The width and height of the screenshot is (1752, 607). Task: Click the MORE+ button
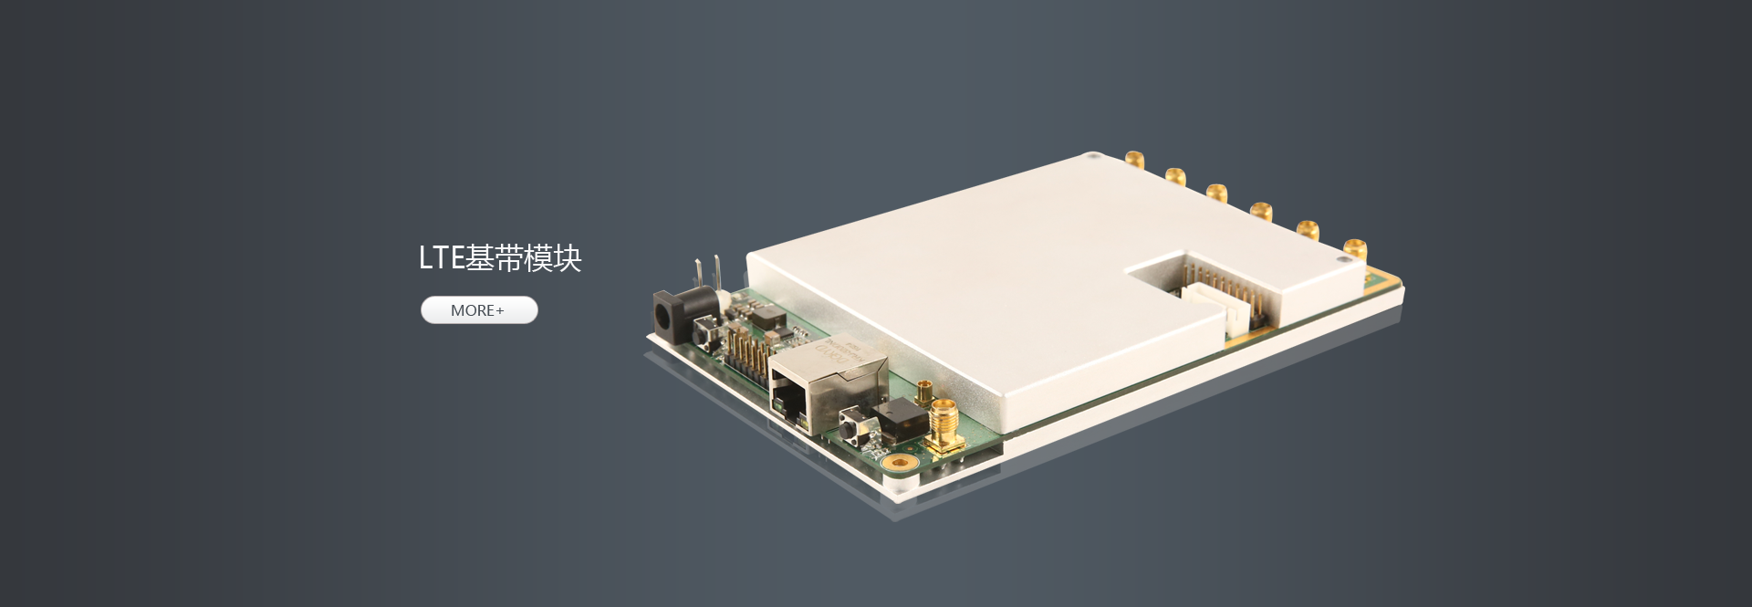479,310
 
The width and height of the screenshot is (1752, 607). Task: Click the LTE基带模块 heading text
500,258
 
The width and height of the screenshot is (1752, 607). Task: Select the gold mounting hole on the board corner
902,463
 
